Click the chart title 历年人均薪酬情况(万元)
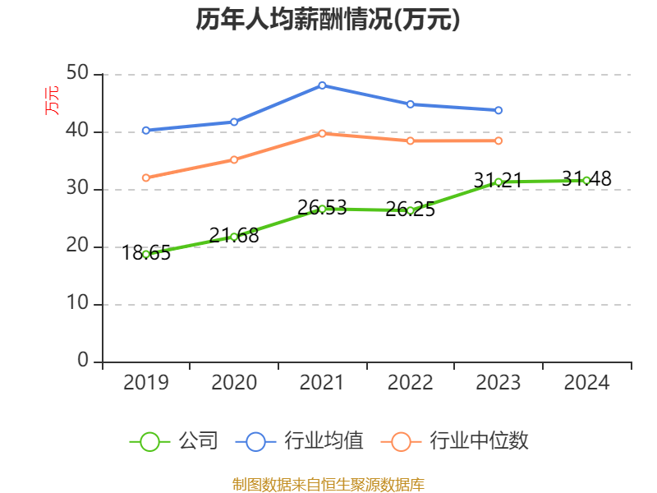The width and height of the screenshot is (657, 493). point(328,20)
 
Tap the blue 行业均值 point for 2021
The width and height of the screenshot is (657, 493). point(322,85)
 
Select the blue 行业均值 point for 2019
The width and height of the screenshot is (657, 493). point(146,130)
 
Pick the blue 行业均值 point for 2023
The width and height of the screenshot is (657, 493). point(498,110)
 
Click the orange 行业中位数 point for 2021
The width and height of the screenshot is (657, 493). point(322,133)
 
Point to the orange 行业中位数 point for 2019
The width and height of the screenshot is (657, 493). point(146,177)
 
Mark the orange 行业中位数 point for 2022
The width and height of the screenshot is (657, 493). point(410,141)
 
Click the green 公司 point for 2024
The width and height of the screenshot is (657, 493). point(586,180)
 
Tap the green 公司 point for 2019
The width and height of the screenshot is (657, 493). point(146,254)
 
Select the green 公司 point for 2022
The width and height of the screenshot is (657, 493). point(410,210)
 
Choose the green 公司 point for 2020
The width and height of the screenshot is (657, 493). point(234,237)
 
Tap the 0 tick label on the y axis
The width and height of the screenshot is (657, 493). point(83,362)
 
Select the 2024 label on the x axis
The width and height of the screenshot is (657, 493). point(586,383)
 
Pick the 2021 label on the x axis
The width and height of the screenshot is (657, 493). point(322,383)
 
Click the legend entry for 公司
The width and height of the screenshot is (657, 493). point(175,441)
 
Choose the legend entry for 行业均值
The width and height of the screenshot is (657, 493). point(301,441)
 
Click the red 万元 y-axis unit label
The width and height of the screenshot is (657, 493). point(52,99)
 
